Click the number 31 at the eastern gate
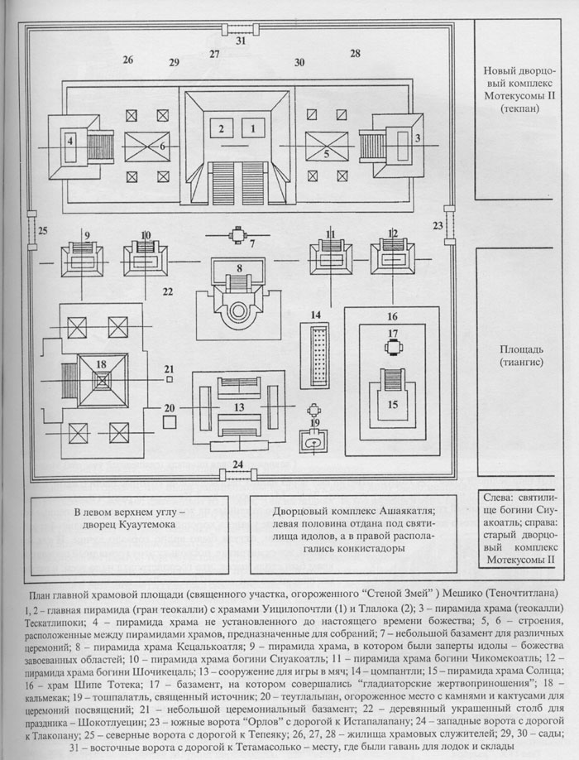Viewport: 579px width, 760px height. coord(240,41)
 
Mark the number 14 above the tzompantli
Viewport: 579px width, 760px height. coord(315,315)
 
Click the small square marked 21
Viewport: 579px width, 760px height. coord(168,378)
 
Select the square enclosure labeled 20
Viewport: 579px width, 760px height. coord(169,421)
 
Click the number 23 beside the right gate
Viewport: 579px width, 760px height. coord(438,224)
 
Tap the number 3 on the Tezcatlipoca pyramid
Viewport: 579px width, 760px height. coord(419,137)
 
